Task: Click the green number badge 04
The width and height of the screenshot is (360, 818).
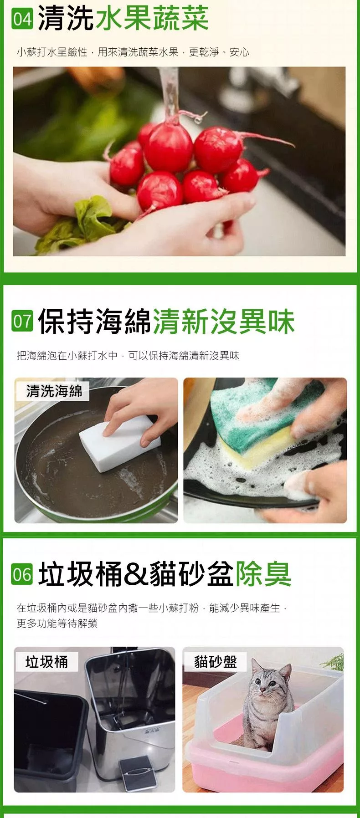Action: click(22, 19)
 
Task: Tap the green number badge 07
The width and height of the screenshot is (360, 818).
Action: click(22, 321)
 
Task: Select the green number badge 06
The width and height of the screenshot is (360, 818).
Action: click(22, 574)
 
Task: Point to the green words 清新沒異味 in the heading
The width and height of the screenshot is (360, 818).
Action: click(224, 321)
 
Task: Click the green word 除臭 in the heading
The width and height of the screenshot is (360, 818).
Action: click(263, 574)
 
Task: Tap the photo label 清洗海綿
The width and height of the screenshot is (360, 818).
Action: click(54, 390)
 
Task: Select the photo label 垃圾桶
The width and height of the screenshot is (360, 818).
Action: click(46, 661)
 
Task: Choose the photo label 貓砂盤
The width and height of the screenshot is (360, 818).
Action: click(216, 661)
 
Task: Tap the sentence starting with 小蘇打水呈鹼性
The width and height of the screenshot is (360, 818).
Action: click(133, 52)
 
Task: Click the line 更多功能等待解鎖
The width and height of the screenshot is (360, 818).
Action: click(57, 623)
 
